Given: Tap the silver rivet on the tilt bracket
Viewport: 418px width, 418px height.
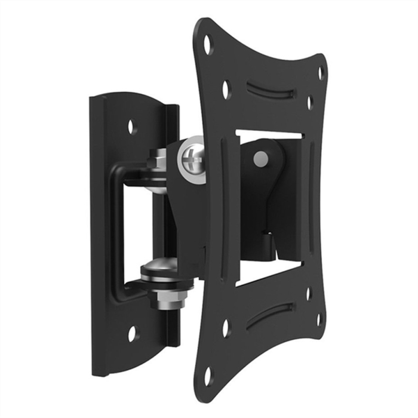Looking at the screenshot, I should coord(261,159).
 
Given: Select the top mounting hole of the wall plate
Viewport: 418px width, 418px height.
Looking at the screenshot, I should coord(132,126).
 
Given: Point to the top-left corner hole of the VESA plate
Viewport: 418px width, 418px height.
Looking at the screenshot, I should coord(208,44).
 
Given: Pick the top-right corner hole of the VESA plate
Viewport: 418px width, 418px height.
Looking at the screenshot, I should coord(320,73).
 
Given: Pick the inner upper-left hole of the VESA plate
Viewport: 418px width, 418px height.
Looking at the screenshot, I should coord(226,90).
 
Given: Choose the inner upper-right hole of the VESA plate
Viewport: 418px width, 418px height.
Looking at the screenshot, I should coord(310,102).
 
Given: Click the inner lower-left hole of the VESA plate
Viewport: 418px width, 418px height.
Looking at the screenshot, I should coord(226,328).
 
